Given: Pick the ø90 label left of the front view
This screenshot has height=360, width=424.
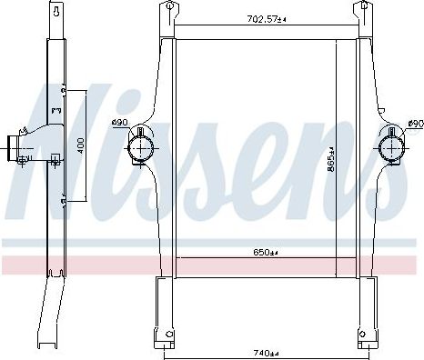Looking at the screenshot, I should [x=118, y=124].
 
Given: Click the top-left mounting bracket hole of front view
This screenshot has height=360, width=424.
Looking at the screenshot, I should [x=167, y=10].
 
